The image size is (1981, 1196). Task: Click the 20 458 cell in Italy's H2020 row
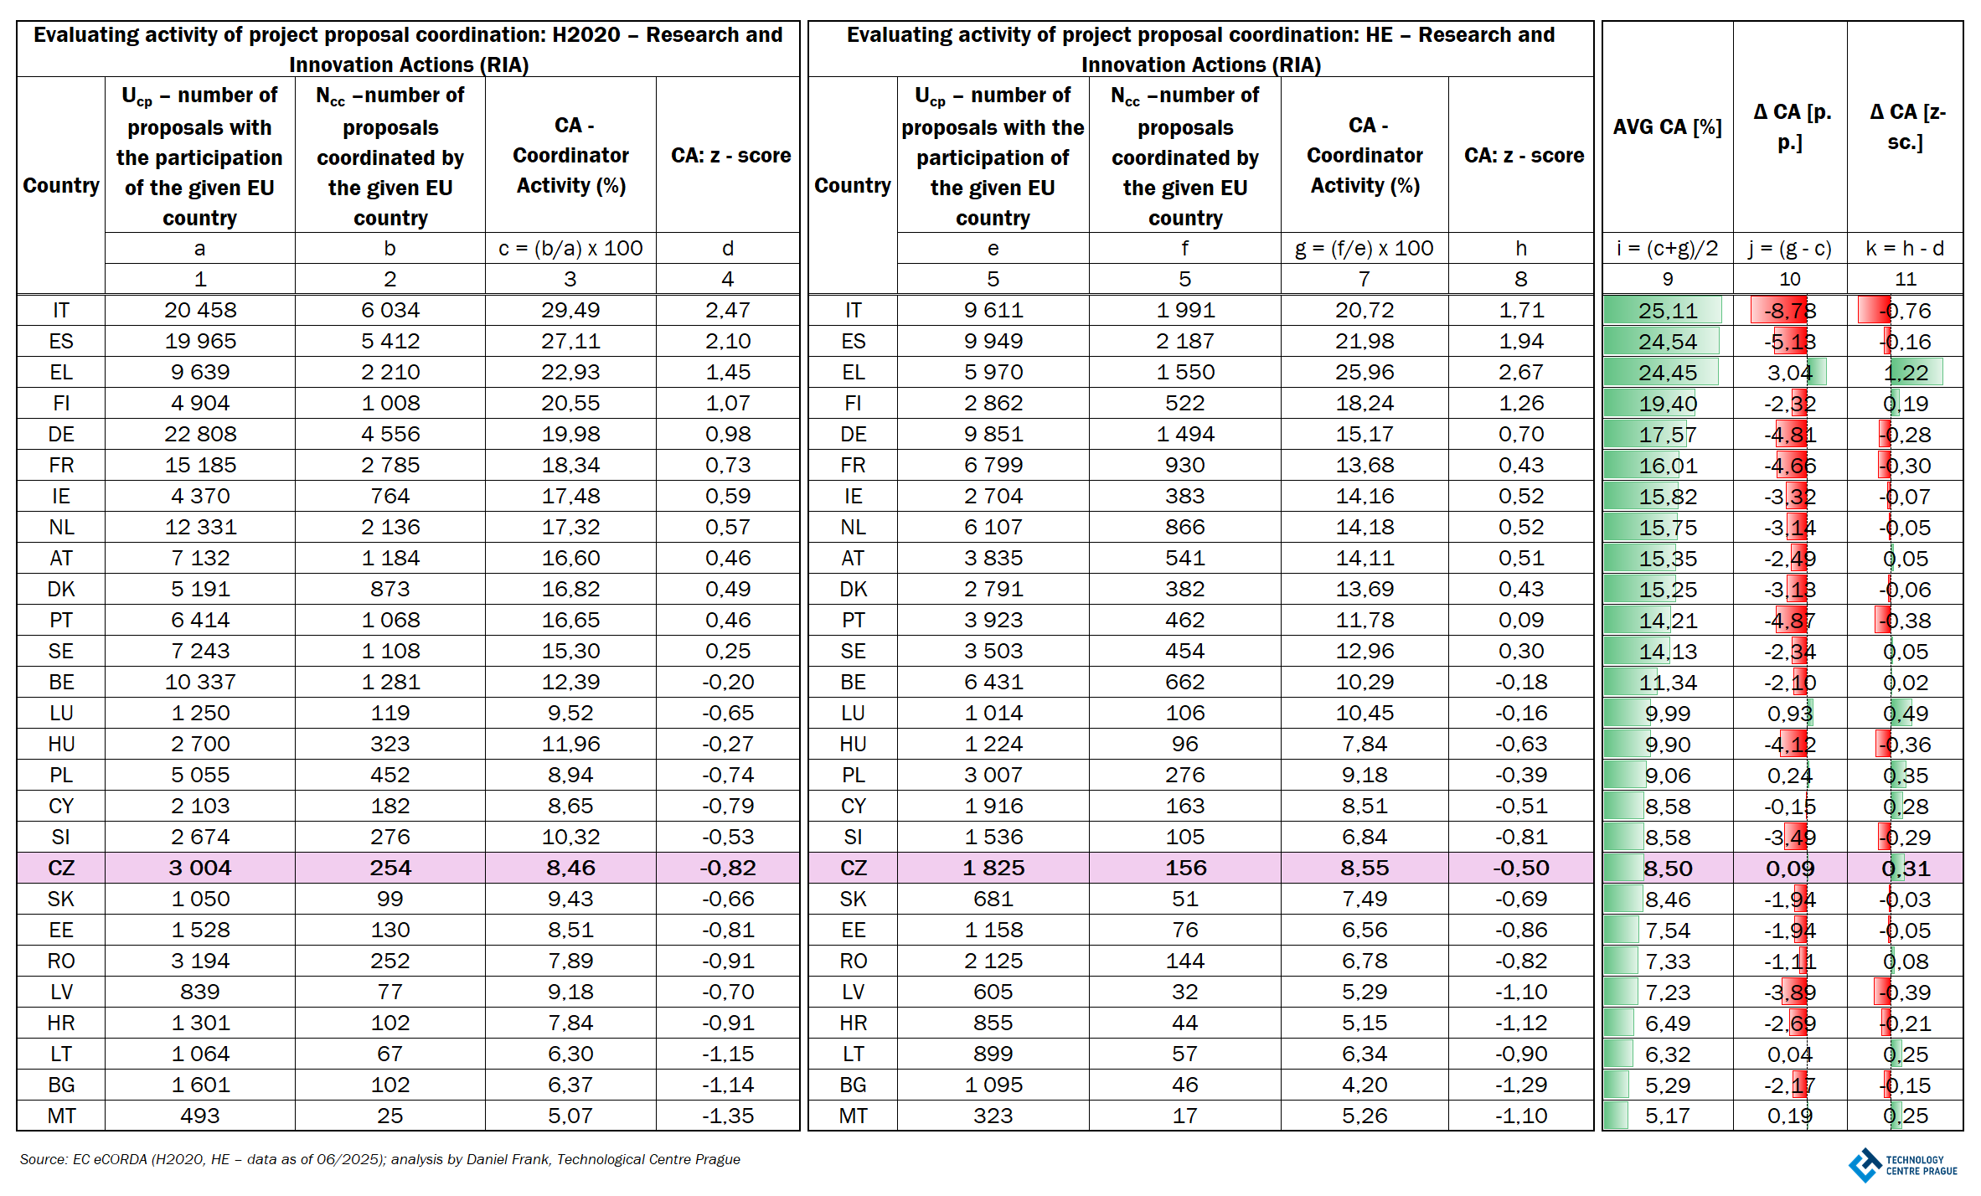200,311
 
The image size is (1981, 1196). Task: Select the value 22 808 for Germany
200,435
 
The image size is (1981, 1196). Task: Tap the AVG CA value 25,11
1667,311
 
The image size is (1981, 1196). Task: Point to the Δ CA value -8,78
1789,311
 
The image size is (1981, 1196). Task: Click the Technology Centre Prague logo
1902,1165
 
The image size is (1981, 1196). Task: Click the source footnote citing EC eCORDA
379,1159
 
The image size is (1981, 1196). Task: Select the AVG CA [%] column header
1667,127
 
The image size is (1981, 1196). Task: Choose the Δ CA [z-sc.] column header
1906,127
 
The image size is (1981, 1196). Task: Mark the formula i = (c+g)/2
1667,249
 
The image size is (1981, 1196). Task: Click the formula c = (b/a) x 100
570,249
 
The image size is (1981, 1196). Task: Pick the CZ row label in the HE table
853,869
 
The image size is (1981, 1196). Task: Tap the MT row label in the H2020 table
61,1116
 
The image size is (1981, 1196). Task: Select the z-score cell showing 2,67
1521,373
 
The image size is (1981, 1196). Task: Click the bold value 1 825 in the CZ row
993,869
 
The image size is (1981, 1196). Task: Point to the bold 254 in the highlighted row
390,869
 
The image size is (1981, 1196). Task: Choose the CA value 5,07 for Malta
570,1116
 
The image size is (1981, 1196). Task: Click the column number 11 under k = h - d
1906,280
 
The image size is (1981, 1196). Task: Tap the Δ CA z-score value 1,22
1906,373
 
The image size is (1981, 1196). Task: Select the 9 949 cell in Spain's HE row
993,342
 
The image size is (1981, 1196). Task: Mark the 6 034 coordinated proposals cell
390,311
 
